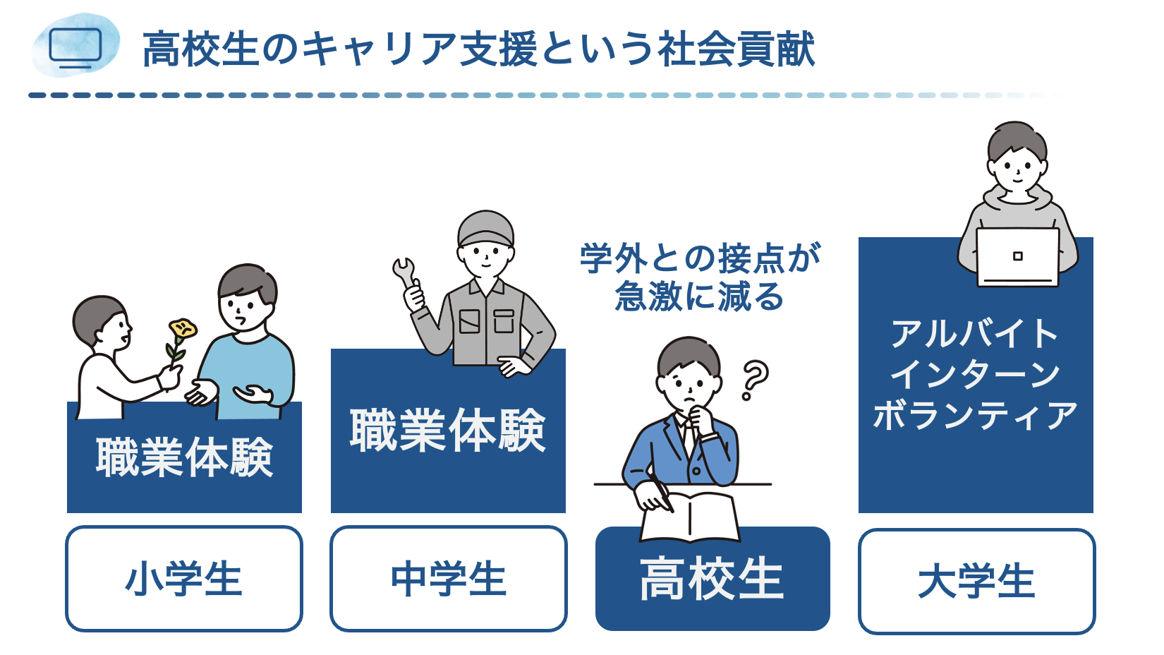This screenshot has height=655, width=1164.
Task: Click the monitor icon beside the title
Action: pyautogui.click(x=75, y=48)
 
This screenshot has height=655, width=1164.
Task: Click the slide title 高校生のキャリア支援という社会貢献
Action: pyautogui.click(x=478, y=49)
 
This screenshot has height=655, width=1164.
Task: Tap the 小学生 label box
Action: pyautogui.click(x=184, y=579)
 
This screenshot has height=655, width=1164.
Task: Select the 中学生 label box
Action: pyautogui.click(x=449, y=579)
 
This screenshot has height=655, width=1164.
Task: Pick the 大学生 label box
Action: pyautogui.click(x=976, y=582)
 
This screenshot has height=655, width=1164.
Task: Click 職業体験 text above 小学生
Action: pyautogui.click(x=184, y=457)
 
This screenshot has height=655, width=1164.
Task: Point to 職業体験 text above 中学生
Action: pyautogui.click(x=448, y=431)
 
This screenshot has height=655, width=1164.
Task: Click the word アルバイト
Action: pyautogui.click(x=975, y=334)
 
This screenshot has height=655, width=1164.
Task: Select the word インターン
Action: pyautogui.click(x=975, y=374)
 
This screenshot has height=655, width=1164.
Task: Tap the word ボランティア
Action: pyautogui.click(x=975, y=415)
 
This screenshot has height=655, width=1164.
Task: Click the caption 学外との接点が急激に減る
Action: pyautogui.click(x=700, y=277)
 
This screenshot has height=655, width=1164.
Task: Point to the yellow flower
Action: pyautogui.click(x=182, y=329)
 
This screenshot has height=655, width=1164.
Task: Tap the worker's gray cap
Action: pyautogui.click(x=485, y=227)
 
